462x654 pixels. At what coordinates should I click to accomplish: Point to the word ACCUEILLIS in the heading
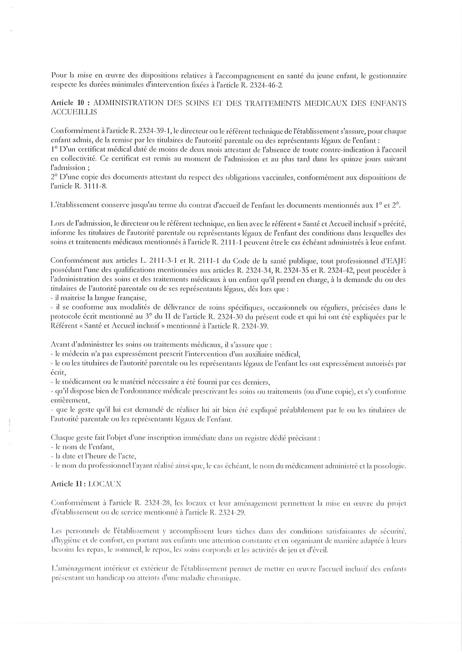(74, 112)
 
